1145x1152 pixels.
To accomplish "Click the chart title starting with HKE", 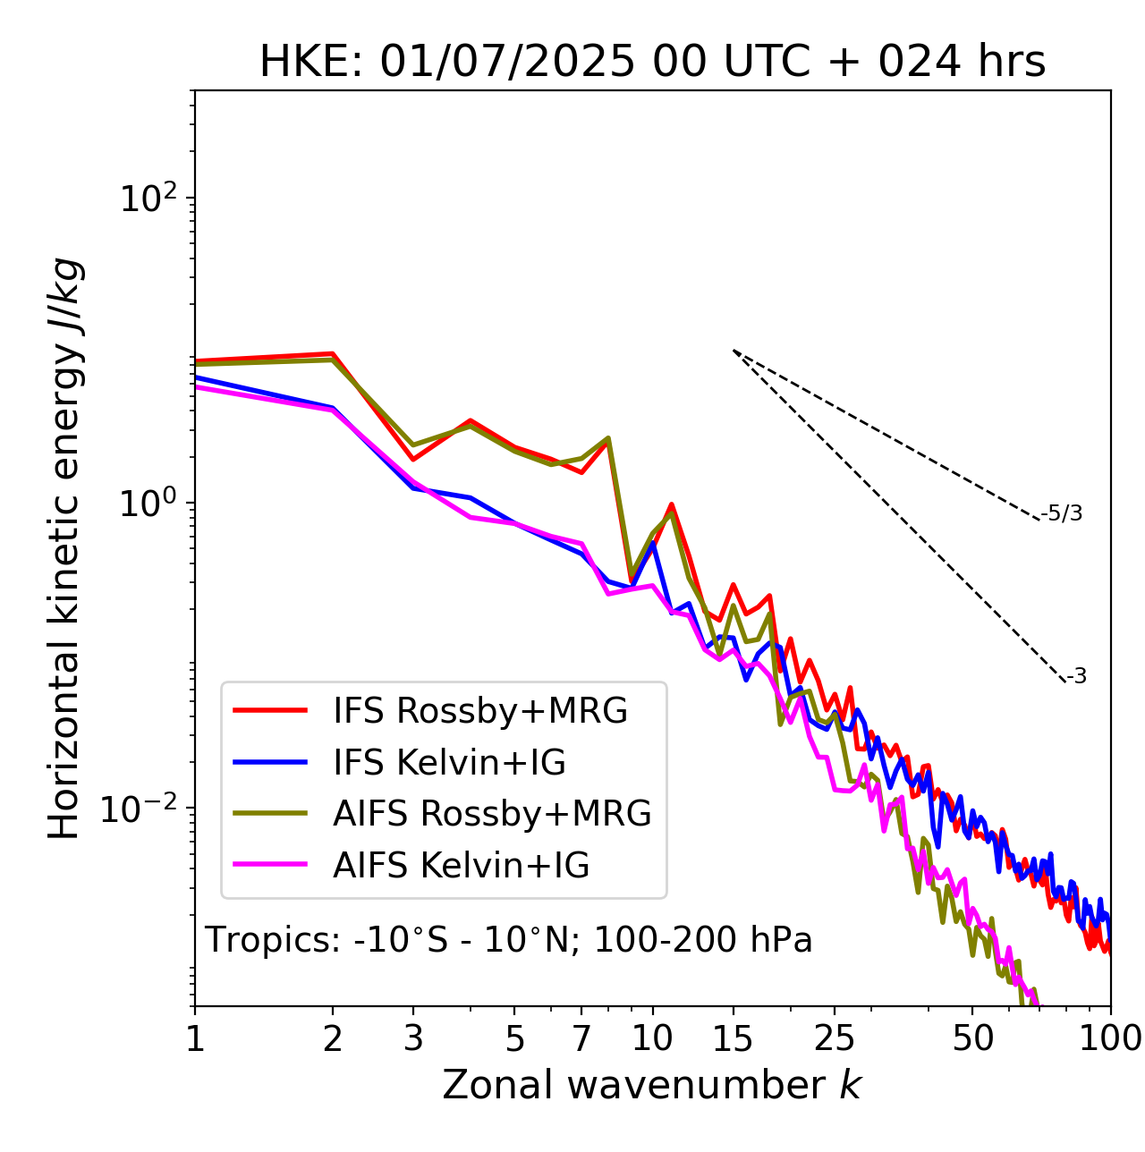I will (x=652, y=63).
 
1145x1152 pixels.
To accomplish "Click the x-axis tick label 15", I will (x=733, y=1038).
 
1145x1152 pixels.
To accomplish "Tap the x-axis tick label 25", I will (x=834, y=1038).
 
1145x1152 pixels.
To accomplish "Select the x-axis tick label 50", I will (x=972, y=1038).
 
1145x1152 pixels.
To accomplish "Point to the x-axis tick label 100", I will (x=1110, y=1038).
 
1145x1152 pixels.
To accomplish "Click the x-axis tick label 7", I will (x=581, y=1038).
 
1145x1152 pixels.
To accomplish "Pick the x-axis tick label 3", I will (x=413, y=1038).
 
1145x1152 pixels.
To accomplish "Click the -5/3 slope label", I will (x=1062, y=513).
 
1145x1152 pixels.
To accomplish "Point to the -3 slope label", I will (x=1076, y=677).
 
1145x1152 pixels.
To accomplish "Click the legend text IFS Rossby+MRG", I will (x=480, y=711).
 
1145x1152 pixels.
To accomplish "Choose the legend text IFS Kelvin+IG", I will (x=449, y=763).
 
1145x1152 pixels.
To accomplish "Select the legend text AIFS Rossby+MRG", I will (x=492, y=814).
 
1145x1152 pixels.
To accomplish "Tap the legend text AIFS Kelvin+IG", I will (x=461, y=866).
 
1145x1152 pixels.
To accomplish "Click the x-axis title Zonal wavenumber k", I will (x=651, y=1085).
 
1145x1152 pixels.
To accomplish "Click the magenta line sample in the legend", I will (x=270, y=865).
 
